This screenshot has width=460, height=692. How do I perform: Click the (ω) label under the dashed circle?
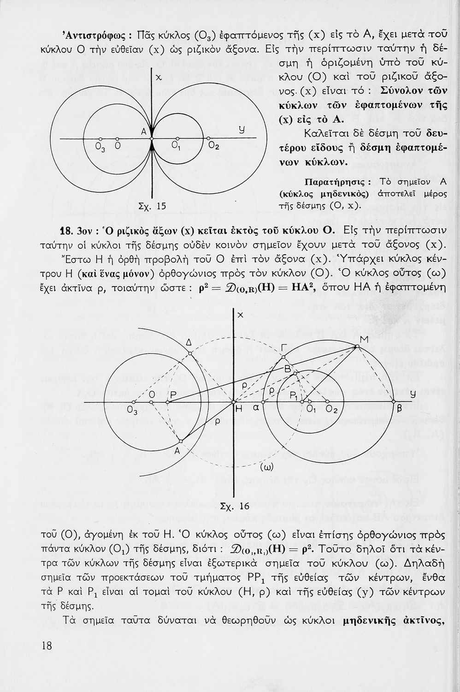tap(267, 467)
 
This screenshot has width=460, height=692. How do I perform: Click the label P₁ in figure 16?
tap(294, 396)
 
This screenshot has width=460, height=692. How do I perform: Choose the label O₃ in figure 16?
tap(132, 410)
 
